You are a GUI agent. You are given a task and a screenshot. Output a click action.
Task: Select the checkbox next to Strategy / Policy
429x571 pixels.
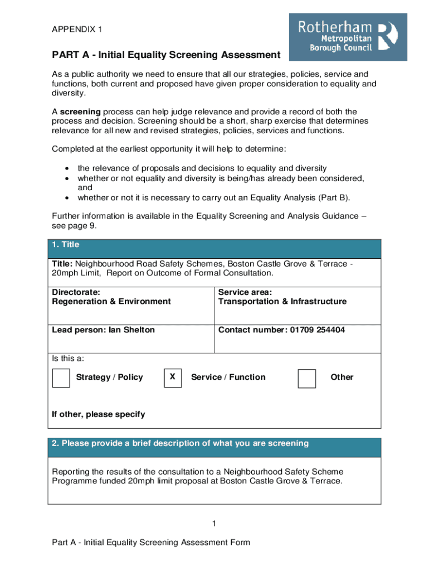click(x=61, y=378)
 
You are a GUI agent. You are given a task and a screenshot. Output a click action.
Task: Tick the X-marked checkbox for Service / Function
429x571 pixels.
click(x=173, y=378)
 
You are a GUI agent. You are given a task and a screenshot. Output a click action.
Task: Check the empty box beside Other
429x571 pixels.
click(x=306, y=378)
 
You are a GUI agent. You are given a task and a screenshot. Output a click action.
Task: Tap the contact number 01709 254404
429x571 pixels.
click(x=316, y=330)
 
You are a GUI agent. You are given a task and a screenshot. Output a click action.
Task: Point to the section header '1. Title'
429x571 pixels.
click(x=66, y=245)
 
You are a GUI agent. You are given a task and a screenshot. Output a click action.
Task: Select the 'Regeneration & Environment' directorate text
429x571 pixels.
click(x=111, y=302)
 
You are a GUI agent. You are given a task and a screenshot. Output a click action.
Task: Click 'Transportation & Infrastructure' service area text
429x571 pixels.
click(x=282, y=302)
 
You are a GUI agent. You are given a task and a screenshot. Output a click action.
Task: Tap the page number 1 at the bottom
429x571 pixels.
click(x=214, y=523)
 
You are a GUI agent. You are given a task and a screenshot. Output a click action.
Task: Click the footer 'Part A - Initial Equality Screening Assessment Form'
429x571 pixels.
click(x=151, y=543)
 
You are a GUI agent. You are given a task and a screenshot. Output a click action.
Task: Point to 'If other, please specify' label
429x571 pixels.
click(x=98, y=414)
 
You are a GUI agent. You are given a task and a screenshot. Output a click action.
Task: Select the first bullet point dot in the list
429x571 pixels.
click(x=67, y=168)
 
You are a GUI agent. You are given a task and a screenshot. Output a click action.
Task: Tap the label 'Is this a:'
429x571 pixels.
click(x=68, y=359)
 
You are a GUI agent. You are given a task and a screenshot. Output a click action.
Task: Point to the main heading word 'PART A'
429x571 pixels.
click(x=69, y=55)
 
